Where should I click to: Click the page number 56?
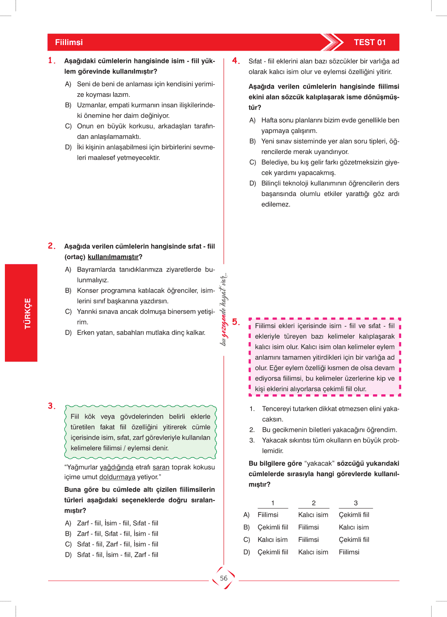(x=224, y=578)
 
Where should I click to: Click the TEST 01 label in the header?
(x=370, y=42)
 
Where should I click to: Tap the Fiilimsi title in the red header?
(x=69, y=42)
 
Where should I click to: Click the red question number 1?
(x=52, y=60)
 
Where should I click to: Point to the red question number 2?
(x=52, y=246)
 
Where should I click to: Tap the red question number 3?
(x=52, y=406)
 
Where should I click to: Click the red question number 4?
(x=236, y=61)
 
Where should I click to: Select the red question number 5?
(x=236, y=322)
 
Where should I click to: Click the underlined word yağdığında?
(x=117, y=467)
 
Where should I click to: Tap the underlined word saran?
(x=161, y=467)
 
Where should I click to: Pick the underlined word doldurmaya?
(x=117, y=477)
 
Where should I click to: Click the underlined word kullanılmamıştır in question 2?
(x=113, y=257)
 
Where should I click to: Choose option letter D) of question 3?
(x=68, y=555)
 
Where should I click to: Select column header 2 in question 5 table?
(x=314, y=503)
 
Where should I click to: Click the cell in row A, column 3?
(x=354, y=515)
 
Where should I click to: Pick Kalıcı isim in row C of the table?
(x=273, y=540)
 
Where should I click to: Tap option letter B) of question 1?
(x=68, y=105)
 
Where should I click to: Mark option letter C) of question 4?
(x=253, y=162)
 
